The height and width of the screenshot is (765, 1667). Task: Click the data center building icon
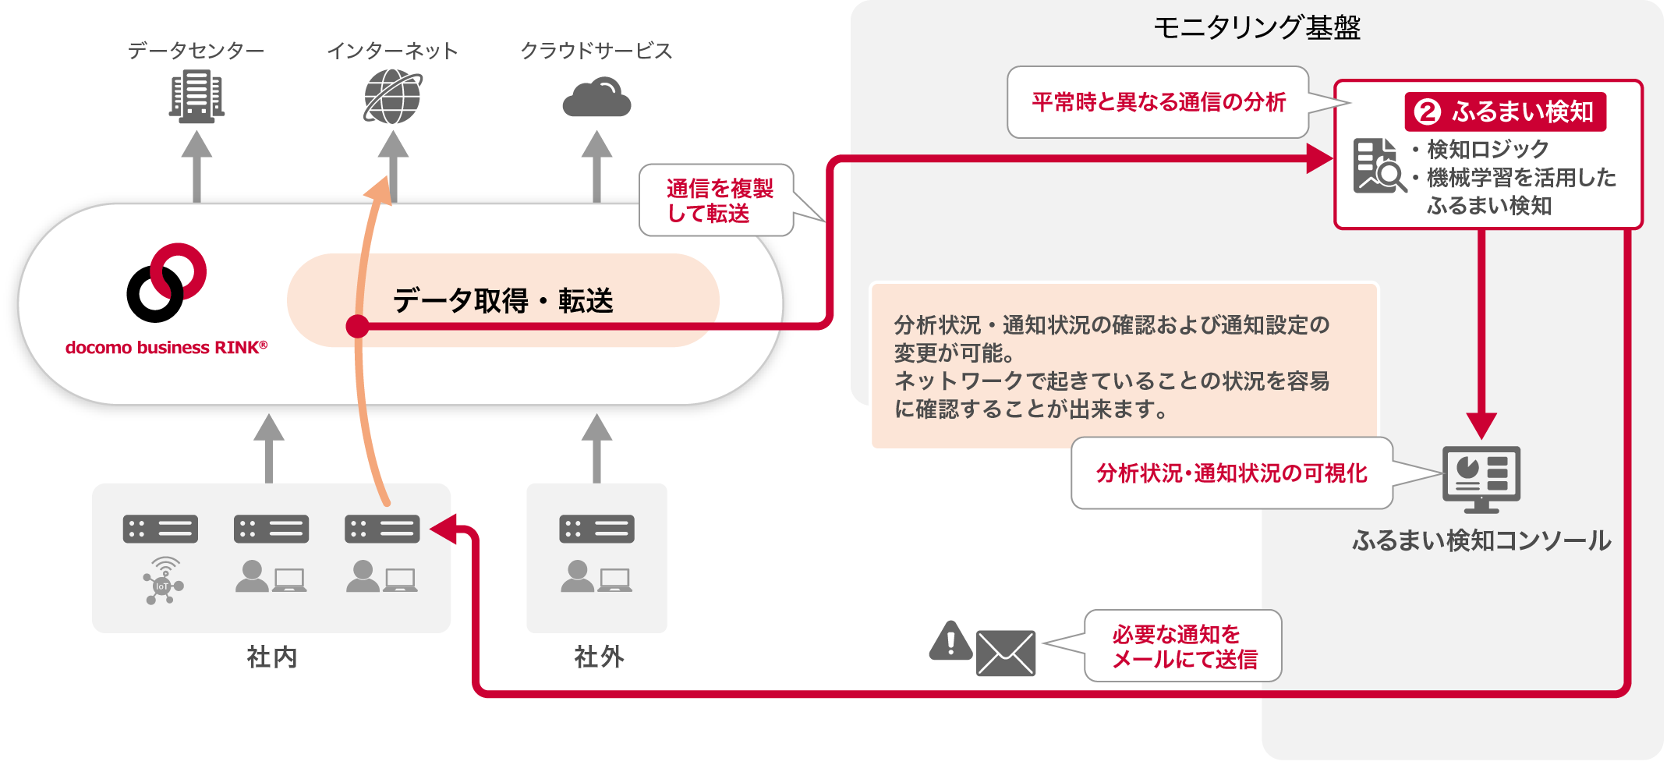[x=196, y=96]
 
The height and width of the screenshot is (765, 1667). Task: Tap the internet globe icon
[x=392, y=97]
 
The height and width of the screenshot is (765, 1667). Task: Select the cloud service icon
[x=596, y=98]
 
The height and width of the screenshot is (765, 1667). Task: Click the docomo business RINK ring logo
[x=166, y=282]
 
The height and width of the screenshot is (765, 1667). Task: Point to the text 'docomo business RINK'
[x=166, y=348]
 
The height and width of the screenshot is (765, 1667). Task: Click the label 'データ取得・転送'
[x=503, y=300]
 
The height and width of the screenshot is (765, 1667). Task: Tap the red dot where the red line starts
[x=357, y=326]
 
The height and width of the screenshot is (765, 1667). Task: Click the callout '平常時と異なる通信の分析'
[x=1158, y=102]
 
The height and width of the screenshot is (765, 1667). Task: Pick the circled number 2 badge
[x=1428, y=112]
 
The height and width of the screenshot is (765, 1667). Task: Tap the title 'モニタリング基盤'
[x=1257, y=28]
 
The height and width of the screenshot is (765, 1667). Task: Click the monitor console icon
[x=1481, y=478]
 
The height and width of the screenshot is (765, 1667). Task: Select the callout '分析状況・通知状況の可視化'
[x=1231, y=473]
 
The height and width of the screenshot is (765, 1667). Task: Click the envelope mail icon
[x=1006, y=653]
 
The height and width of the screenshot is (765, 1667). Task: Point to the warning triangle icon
[x=950, y=642]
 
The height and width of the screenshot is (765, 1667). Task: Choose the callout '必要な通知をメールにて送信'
[x=1183, y=646]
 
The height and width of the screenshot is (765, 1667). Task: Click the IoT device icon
[x=163, y=581]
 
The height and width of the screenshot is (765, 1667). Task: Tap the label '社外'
[x=599, y=657]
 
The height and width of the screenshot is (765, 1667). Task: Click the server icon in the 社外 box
[x=596, y=529]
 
